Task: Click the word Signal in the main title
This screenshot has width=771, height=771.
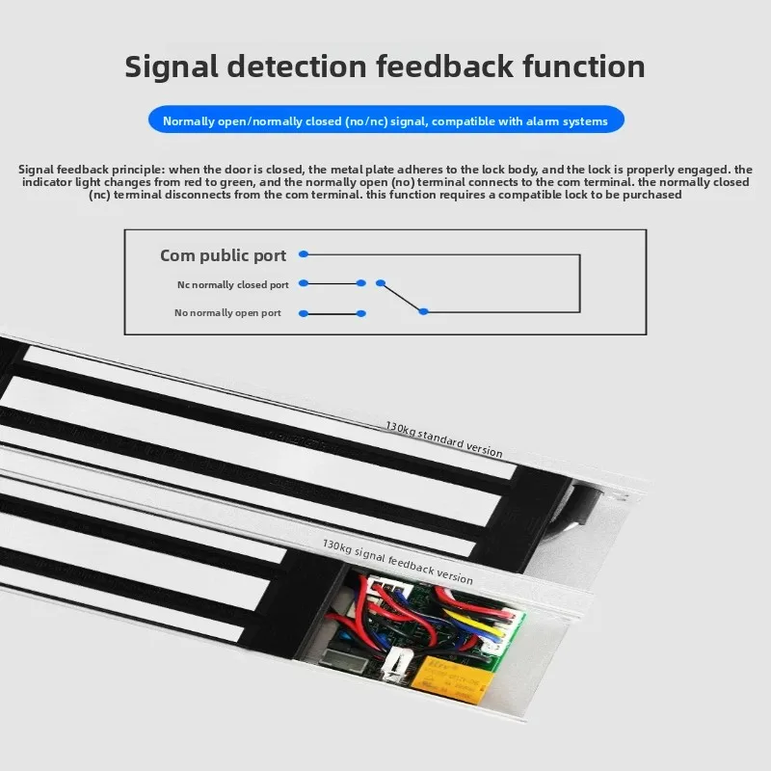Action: (x=172, y=67)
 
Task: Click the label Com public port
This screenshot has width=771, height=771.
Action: (x=223, y=255)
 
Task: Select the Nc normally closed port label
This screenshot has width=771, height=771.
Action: (x=232, y=284)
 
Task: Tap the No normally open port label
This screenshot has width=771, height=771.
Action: (x=227, y=312)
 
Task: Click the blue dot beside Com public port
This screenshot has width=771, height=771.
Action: (x=304, y=254)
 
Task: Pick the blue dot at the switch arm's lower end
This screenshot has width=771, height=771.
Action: (x=423, y=311)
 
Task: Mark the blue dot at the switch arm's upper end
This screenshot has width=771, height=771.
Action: (x=380, y=282)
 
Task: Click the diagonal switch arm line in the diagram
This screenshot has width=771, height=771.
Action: (x=402, y=297)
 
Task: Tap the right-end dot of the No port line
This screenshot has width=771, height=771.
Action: (x=360, y=314)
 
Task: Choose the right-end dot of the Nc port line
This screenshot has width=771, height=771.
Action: (x=360, y=283)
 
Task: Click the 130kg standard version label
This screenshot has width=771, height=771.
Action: (x=443, y=439)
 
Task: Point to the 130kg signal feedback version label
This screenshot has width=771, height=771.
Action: (x=397, y=562)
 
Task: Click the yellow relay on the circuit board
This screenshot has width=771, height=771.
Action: (x=452, y=679)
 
